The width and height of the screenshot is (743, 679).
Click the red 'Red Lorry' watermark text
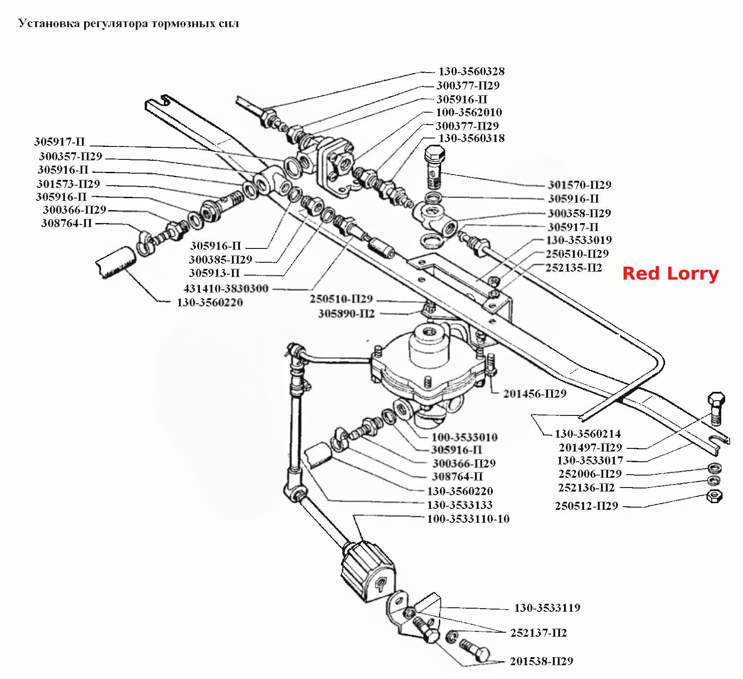[670, 273]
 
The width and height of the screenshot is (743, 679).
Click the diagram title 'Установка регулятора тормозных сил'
[129, 23]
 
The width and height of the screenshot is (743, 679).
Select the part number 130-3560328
[471, 71]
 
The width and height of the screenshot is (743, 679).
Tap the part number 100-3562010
[469, 112]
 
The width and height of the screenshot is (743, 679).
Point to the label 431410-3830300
[226, 289]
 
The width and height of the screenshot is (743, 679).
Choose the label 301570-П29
[580, 185]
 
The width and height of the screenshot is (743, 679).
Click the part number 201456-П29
[535, 394]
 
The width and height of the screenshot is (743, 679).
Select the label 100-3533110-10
[468, 519]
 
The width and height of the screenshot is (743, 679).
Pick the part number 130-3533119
[547, 608]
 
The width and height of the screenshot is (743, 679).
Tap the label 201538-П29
[541, 661]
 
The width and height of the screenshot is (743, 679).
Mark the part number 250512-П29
[586, 506]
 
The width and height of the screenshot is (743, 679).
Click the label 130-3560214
[588, 434]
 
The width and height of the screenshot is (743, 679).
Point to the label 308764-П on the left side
[67, 223]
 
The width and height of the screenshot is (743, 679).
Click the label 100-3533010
[464, 437]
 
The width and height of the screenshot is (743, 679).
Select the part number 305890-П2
[346, 314]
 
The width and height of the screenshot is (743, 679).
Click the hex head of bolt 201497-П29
[716, 400]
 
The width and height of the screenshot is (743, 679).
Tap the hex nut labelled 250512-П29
[715, 496]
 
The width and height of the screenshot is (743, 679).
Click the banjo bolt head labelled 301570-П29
[434, 155]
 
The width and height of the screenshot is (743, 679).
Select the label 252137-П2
[539, 633]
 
